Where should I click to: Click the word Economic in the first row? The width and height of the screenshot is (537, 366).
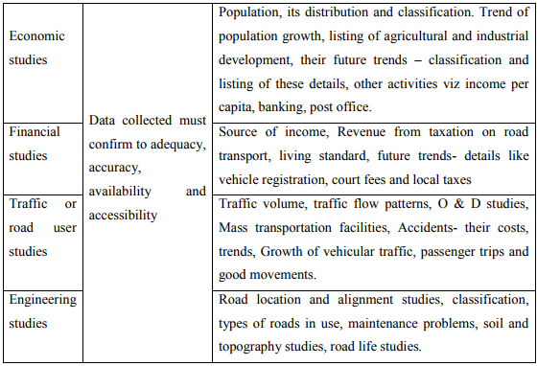[x=36, y=35]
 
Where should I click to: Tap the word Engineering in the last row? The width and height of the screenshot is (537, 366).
[x=42, y=299]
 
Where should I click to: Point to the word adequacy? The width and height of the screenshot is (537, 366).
[x=177, y=144]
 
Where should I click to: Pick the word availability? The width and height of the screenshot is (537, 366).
[x=122, y=191]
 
